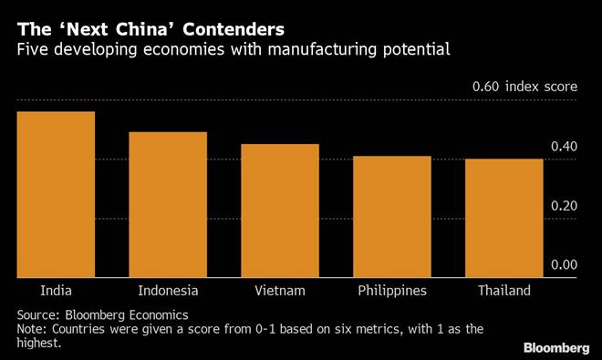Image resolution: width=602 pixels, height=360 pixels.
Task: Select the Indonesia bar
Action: click(168, 205)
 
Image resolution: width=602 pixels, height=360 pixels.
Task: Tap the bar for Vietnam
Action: click(280, 211)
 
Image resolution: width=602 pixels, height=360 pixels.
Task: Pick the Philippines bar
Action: click(392, 217)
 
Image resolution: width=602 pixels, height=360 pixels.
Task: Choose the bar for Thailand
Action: click(503, 219)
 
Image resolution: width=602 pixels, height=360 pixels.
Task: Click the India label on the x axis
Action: click(56, 292)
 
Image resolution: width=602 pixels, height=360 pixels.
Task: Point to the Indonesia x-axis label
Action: click(168, 292)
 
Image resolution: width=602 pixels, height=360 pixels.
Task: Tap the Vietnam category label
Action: click(280, 292)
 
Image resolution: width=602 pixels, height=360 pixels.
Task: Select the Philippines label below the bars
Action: click(392, 292)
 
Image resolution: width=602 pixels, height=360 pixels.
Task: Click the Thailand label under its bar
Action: click(503, 292)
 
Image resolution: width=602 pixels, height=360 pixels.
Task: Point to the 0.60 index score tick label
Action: click(524, 87)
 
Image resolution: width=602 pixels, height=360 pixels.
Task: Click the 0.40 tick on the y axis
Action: click(565, 147)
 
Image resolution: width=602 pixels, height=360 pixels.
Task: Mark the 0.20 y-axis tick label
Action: click(565, 206)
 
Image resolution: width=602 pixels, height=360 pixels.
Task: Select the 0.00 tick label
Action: click(565, 265)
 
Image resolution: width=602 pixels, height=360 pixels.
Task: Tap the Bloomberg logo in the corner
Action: click(556, 347)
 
